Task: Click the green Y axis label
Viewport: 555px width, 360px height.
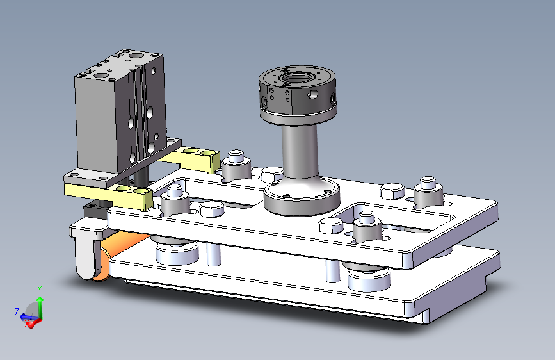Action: pyautogui.click(x=40, y=289)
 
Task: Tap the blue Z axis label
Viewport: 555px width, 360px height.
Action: pyautogui.click(x=17, y=312)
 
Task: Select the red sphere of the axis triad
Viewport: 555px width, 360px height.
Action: pyautogui.click(x=31, y=323)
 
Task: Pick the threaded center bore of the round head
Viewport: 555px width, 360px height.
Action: pyautogui.click(x=293, y=78)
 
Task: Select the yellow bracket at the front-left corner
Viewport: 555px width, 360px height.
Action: pyautogui.click(x=109, y=194)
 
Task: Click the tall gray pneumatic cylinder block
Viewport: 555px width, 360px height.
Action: pyautogui.click(x=120, y=110)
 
